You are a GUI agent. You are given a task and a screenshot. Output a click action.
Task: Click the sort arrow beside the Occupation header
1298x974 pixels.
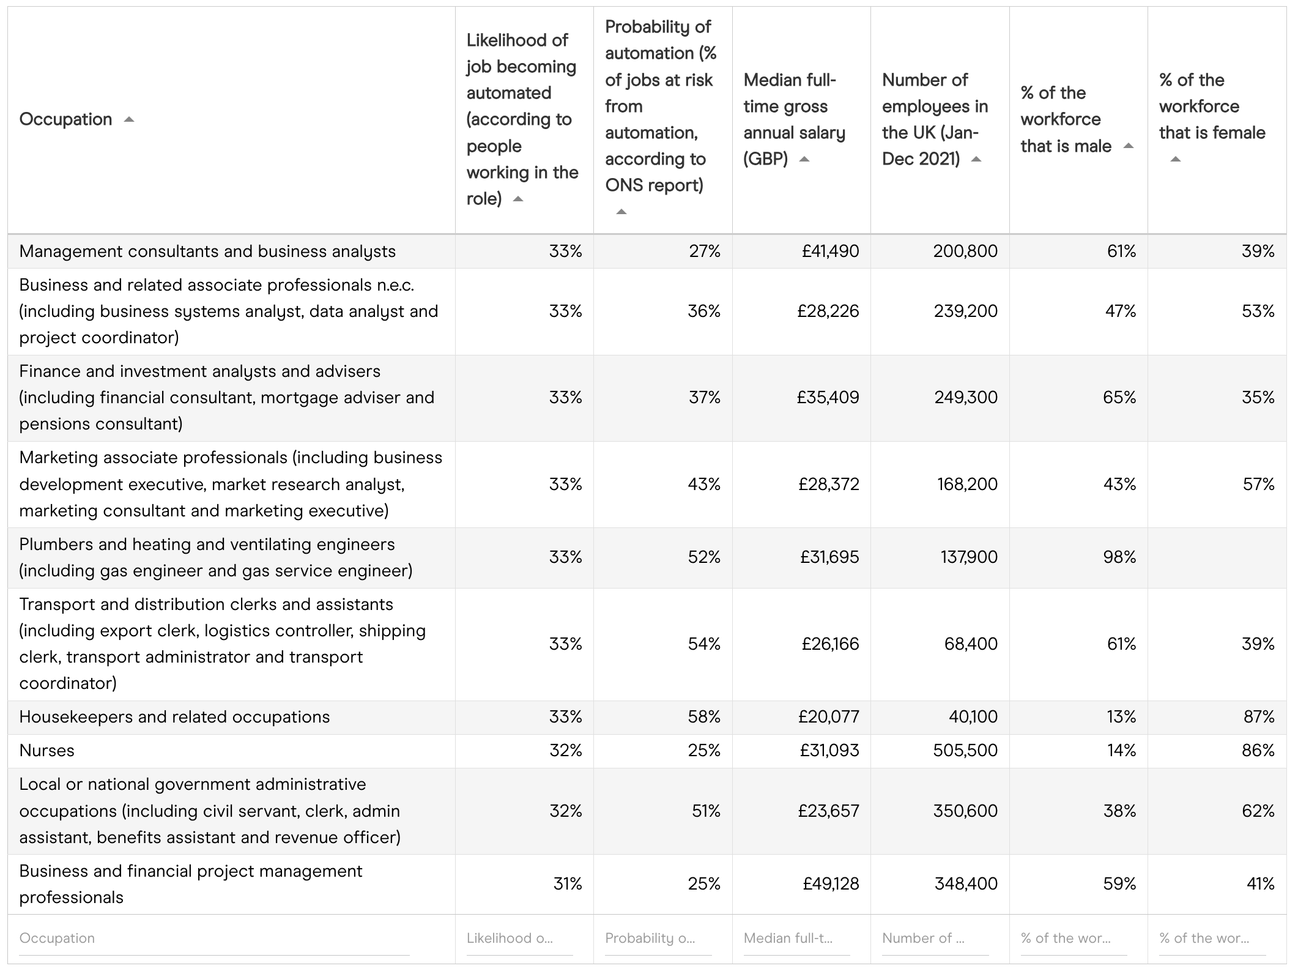pos(128,120)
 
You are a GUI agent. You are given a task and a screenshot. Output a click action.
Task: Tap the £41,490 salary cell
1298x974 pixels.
pos(830,251)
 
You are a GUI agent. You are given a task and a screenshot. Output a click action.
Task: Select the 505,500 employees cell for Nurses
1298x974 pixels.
pos(965,751)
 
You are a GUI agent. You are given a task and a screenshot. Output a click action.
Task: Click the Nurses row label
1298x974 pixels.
pos(47,751)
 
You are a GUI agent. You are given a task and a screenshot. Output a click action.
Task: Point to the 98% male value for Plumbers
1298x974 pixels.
pos(1119,557)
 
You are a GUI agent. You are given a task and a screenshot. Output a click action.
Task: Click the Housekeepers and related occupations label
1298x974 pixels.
pos(174,717)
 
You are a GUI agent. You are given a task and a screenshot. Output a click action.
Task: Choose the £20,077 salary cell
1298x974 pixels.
pos(828,717)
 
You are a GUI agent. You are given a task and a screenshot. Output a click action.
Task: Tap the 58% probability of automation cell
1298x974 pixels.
pos(704,717)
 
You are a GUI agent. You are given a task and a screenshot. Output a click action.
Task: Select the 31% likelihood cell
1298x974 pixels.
pos(568,884)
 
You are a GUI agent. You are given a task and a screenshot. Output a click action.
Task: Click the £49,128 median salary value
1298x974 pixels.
pos(831,884)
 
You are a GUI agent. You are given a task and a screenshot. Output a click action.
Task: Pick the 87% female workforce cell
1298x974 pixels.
pos(1259,717)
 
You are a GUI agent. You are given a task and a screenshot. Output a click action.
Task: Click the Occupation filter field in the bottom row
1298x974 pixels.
pos(214,939)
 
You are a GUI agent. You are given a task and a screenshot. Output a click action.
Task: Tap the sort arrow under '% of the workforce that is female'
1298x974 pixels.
pos(1175,160)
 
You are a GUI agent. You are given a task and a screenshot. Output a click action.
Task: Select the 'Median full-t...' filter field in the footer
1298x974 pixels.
pos(796,939)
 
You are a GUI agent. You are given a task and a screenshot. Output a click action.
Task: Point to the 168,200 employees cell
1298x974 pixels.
pos(967,485)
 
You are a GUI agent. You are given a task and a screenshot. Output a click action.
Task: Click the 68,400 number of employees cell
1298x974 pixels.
pos(971,644)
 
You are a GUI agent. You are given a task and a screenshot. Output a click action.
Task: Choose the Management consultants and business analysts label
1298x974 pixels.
pos(207,251)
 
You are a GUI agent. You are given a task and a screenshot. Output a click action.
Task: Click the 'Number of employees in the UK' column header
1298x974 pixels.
pos(934,119)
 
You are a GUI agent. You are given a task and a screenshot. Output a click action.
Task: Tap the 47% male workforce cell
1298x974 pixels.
pos(1120,311)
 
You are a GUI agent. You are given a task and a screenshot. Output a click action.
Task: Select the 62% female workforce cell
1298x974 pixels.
pos(1258,811)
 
